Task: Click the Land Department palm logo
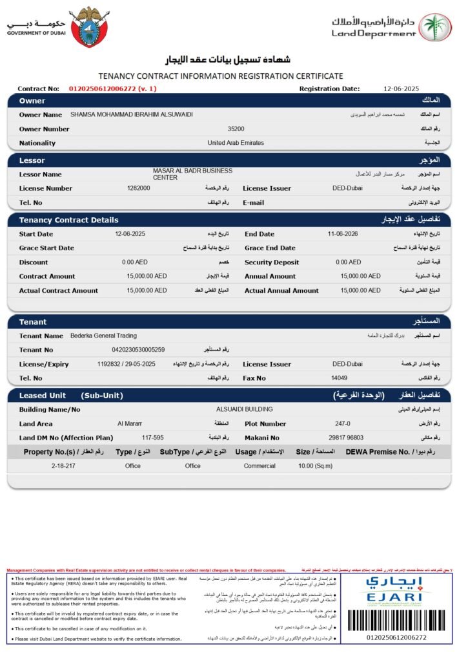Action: click(436, 27)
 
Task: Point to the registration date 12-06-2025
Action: click(401, 89)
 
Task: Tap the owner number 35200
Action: click(236, 129)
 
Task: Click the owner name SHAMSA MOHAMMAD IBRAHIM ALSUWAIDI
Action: click(131, 114)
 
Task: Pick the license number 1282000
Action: click(139, 188)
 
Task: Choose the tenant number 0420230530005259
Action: click(138, 350)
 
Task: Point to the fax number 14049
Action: click(340, 378)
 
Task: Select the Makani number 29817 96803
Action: click(346, 438)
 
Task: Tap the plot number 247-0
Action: click(342, 423)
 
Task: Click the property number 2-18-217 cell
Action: click(63, 465)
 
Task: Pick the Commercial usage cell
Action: click(259, 465)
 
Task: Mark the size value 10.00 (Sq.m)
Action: click(314, 465)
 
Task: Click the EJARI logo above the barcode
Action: click(396, 589)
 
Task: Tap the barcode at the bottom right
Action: click(396, 621)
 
